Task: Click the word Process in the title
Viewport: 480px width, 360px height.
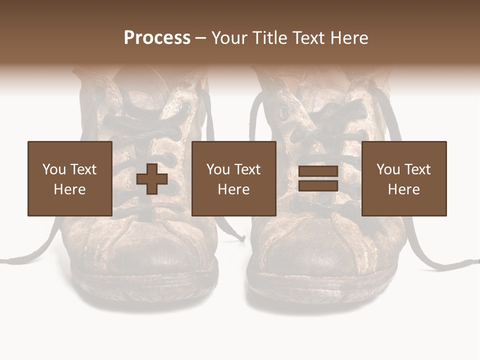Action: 157,38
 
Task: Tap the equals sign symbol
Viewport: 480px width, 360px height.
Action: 318,178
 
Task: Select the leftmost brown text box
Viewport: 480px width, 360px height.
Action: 70,178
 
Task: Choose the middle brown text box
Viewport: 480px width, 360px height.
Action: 234,178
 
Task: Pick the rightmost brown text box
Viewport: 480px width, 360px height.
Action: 404,178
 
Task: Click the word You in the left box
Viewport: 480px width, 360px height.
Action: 54,169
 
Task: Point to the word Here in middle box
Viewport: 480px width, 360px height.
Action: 234,189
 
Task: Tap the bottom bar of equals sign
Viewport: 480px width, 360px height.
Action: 318,185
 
